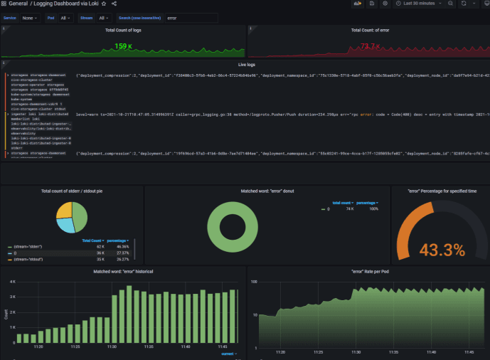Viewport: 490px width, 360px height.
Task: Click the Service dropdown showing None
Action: point(30,18)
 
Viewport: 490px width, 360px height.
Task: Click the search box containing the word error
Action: point(191,18)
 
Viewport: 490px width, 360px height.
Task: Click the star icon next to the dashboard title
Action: point(104,4)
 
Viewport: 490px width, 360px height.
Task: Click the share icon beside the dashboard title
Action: point(114,4)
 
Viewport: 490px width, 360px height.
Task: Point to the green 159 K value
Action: point(122,47)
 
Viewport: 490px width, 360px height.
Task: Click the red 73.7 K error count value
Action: point(370,47)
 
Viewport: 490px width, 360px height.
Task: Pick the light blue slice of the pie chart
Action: point(65,225)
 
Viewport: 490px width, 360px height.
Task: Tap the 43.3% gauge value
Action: point(442,250)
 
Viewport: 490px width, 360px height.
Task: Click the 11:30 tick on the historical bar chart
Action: point(112,346)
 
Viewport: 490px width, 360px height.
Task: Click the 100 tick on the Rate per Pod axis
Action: point(253,282)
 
